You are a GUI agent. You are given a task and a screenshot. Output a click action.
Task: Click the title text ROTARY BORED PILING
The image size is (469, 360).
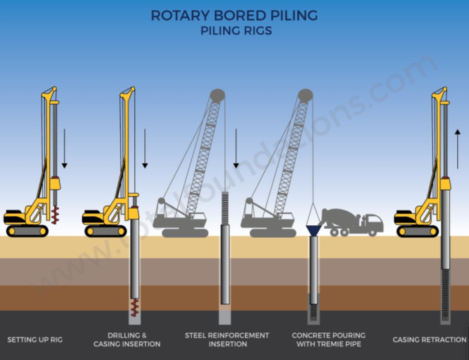(x=234, y=15)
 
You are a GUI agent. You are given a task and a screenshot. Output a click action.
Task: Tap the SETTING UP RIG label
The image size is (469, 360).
(x=35, y=339)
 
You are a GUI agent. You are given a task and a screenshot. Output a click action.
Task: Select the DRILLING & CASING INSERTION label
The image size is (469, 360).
(x=127, y=340)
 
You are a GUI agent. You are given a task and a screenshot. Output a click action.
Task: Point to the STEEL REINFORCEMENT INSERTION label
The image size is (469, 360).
(x=227, y=340)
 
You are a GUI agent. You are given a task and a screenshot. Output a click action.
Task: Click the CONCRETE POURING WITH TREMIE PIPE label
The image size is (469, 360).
(x=328, y=340)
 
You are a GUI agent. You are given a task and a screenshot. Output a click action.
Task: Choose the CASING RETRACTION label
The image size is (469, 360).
(x=429, y=340)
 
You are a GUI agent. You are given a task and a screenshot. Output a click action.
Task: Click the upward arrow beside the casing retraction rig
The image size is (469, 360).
(x=458, y=149)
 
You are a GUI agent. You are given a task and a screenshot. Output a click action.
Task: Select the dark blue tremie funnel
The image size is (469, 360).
(x=314, y=230)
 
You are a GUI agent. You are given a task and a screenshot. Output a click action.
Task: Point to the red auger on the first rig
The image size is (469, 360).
(x=55, y=215)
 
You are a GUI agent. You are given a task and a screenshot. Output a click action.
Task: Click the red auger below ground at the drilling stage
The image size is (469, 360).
(x=134, y=308)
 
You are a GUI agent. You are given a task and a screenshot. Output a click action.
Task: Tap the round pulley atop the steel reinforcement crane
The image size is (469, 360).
(x=218, y=95)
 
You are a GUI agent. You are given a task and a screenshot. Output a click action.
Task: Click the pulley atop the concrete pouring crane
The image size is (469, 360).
(x=305, y=95)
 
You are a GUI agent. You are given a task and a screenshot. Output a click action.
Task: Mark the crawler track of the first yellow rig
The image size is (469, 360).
(x=27, y=231)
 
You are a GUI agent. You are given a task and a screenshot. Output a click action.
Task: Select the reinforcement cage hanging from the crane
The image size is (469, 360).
(x=225, y=208)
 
